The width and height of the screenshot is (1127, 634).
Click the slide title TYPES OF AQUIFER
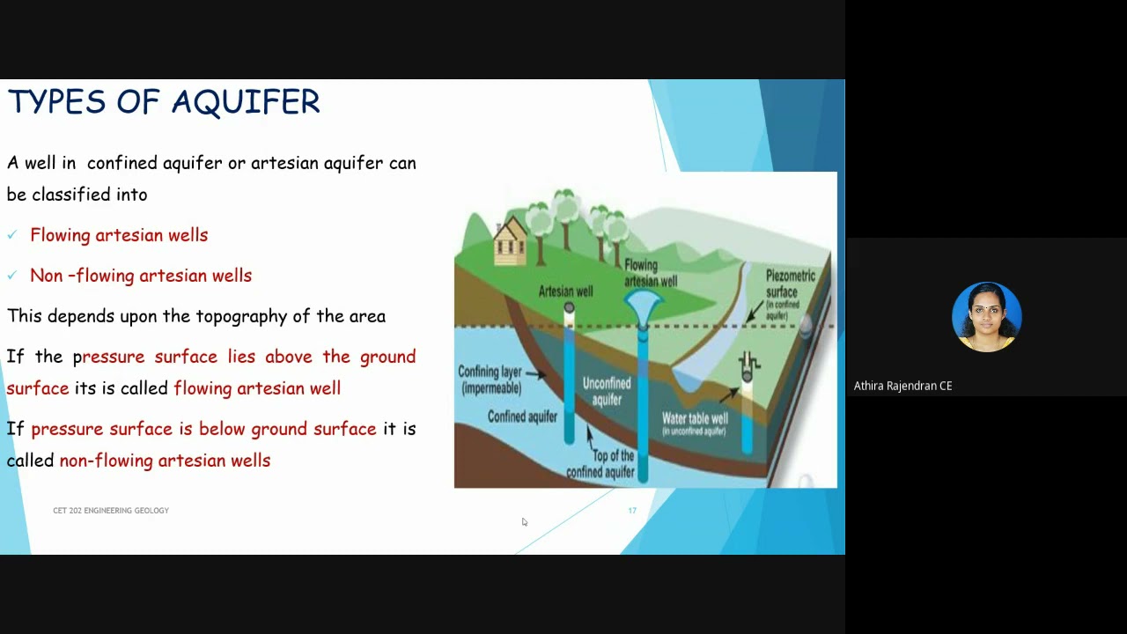click(x=164, y=102)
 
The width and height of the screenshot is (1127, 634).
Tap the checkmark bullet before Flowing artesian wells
click(x=12, y=235)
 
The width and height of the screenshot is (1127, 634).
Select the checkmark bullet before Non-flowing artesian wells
click(x=12, y=276)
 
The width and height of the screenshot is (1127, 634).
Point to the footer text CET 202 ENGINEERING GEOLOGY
click(x=111, y=511)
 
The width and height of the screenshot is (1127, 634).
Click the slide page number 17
click(x=632, y=511)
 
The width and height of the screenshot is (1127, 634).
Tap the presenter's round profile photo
click(x=986, y=317)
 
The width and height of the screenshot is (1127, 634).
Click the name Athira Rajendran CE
click(x=902, y=386)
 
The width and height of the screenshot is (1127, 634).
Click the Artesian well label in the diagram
click(x=565, y=291)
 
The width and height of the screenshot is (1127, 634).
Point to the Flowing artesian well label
click(x=650, y=273)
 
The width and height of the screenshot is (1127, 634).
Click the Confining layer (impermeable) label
click(x=490, y=380)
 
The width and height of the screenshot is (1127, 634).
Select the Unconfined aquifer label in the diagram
click(x=607, y=391)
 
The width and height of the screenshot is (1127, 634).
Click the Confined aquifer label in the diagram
click(x=522, y=417)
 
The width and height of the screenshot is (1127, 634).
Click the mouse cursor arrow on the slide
click(x=524, y=522)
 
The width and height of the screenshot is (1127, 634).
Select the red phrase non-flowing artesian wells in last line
click(x=165, y=461)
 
